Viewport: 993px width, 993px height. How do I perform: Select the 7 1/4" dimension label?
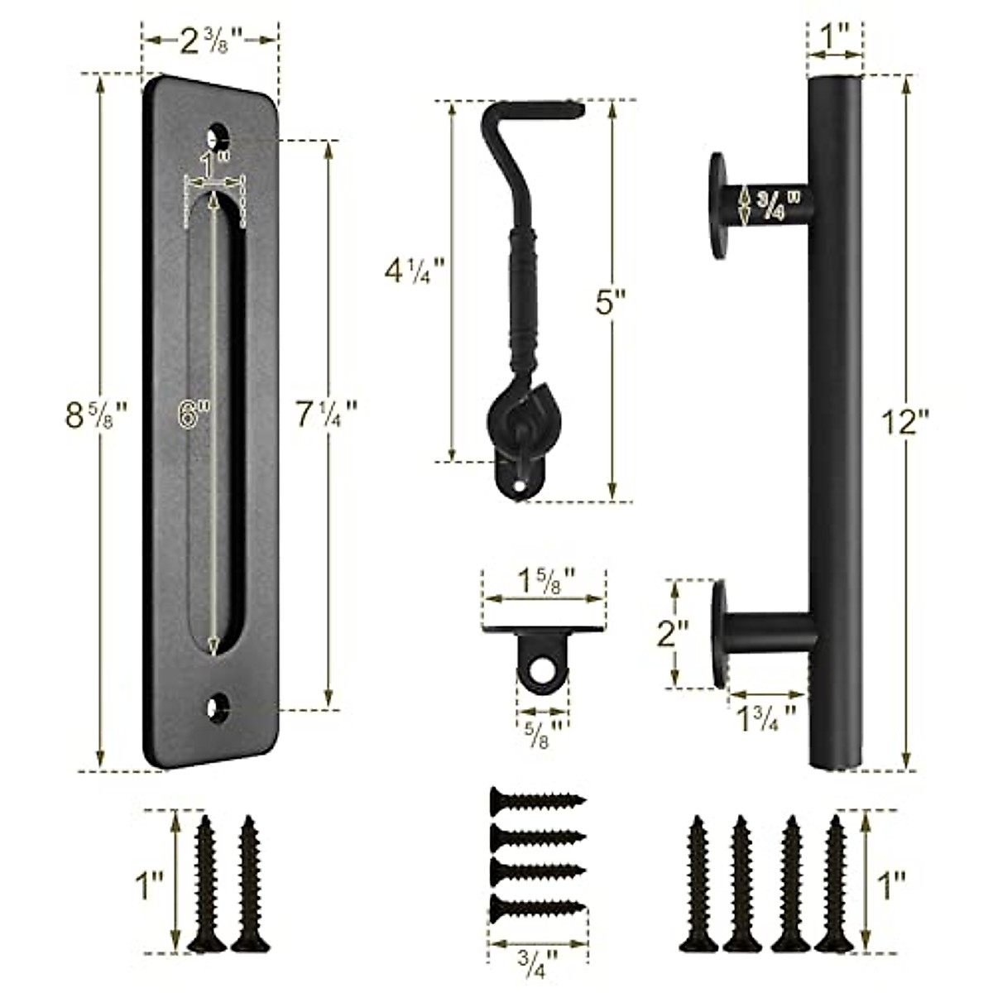(326, 414)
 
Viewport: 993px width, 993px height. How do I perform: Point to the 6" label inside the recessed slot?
(194, 414)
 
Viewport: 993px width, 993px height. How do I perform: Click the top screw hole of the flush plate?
(217, 135)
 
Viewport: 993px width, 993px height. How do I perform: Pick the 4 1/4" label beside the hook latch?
(415, 271)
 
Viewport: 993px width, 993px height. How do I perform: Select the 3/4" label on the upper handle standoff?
(779, 205)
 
